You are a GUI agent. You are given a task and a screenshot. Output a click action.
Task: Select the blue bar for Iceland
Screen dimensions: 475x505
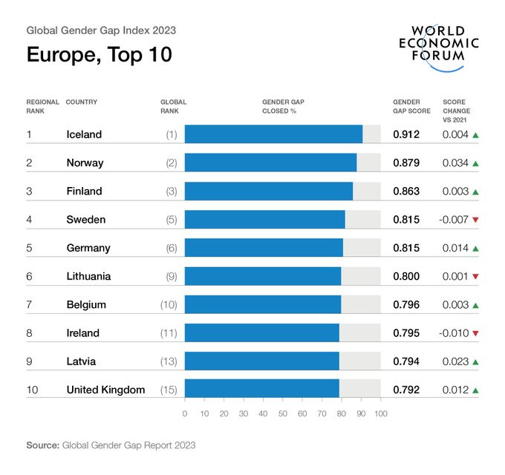(273, 134)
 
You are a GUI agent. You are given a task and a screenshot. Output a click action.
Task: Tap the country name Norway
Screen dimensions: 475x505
(85, 163)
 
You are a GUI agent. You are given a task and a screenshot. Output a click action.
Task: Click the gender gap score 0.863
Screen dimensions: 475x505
(406, 191)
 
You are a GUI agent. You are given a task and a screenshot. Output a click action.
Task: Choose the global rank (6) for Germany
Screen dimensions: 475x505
(172, 248)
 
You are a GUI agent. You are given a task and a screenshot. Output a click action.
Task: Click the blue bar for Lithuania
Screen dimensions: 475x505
(263, 276)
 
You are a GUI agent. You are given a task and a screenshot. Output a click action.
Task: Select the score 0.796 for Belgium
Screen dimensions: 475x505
(406, 305)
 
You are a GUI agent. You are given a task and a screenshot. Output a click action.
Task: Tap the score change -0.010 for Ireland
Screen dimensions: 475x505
(452, 333)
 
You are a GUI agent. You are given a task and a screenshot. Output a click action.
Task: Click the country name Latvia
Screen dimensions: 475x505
(81, 361)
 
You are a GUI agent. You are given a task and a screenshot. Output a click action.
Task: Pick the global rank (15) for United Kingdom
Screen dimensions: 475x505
(169, 390)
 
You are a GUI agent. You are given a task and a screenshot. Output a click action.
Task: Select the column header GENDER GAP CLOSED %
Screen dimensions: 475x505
(283, 106)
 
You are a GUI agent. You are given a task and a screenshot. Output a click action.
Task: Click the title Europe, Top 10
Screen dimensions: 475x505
(99, 56)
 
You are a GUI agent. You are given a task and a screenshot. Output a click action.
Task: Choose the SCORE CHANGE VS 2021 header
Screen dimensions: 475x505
(456, 111)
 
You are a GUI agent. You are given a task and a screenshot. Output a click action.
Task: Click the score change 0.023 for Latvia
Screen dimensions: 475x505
(455, 361)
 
